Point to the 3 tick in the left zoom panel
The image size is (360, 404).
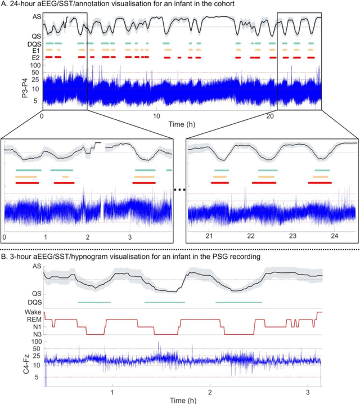click(130, 237)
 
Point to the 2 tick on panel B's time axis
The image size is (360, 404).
click(210, 390)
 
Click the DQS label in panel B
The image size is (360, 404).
click(34, 303)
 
